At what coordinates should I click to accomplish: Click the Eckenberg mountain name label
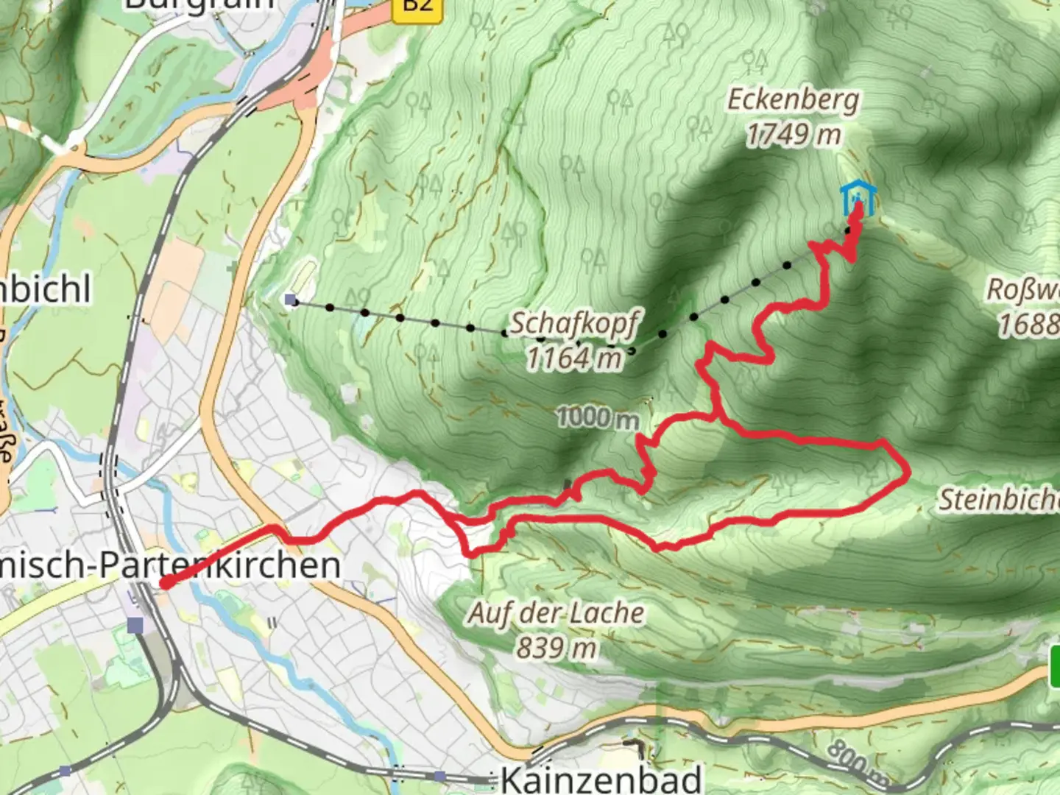793,99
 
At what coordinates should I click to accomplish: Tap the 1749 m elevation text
793,135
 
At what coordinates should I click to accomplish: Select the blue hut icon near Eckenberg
858,197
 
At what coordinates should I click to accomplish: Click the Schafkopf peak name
575,323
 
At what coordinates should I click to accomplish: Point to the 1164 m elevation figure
574,358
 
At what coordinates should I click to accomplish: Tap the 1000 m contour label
597,418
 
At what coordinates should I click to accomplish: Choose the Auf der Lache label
556,613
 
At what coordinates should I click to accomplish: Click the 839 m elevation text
556,649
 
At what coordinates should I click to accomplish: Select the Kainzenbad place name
601,779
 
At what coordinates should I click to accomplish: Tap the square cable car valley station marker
291,300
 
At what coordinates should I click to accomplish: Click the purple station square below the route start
135,625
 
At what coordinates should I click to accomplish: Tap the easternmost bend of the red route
908,470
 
